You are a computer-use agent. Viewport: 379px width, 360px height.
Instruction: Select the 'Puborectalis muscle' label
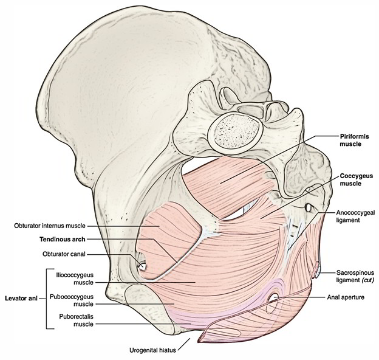click(x=75, y=320)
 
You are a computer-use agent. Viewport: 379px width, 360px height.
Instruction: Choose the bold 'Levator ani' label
click(x=19, y=299)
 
